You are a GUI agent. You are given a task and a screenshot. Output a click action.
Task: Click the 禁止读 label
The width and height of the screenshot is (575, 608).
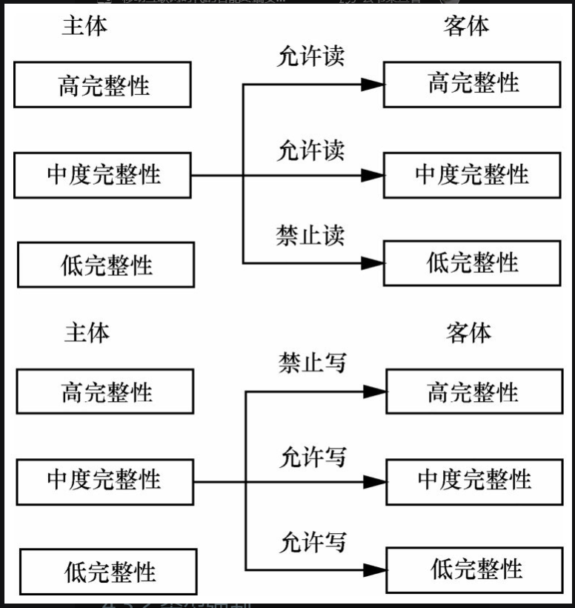coord(311,235)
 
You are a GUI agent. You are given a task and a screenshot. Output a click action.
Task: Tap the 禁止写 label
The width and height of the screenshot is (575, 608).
coord(313,363)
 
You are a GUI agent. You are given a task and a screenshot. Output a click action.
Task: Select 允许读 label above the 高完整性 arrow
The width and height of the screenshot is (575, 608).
coord(311,57)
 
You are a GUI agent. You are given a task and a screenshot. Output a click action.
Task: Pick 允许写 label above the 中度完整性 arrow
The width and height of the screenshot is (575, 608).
coord(313,457)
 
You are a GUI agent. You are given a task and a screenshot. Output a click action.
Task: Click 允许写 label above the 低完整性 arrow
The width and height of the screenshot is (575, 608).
coord(313,542)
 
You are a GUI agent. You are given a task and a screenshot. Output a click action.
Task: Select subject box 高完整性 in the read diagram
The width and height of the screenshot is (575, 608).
coord(102,85)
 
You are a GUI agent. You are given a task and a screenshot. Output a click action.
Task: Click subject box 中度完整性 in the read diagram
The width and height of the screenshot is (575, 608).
coord(103,175)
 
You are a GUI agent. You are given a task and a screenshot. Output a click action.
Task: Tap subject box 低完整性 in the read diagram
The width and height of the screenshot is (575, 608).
coord(106,265)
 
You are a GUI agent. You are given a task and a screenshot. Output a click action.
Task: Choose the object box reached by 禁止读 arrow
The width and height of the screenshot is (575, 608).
coord(472,262)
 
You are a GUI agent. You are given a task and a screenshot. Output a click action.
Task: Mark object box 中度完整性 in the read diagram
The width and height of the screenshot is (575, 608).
coord(472,175)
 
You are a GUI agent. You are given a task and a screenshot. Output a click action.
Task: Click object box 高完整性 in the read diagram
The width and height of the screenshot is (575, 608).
coord(472,84)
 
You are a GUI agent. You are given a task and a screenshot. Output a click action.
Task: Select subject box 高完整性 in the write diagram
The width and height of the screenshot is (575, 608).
coord(105,391)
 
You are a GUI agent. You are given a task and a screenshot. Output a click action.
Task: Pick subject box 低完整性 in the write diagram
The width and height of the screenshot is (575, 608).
coord(108,572)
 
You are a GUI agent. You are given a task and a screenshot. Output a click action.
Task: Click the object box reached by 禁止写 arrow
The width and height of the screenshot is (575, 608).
coord(473,392)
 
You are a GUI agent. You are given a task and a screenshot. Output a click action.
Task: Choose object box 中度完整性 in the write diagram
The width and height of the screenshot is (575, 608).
coord(473,480)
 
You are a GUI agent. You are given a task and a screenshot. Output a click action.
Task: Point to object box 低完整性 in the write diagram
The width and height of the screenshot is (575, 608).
coord(473,570)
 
